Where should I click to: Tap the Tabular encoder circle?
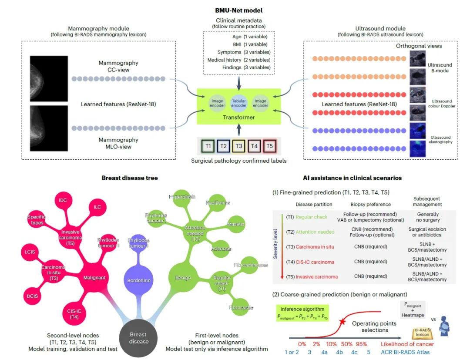point(238,103)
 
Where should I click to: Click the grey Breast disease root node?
point(138,337)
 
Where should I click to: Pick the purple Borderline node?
point(139,280)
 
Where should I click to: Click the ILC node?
point(97,207)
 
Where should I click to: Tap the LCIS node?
point(30,252)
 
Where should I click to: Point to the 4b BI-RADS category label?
point(339,352)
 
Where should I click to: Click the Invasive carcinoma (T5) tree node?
point(70,235)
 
